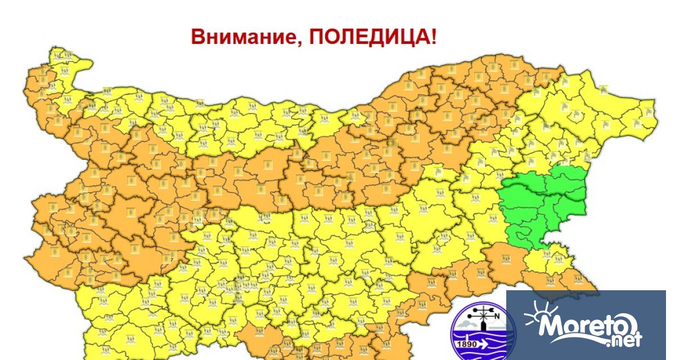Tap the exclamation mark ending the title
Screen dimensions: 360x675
tap(433, 37)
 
